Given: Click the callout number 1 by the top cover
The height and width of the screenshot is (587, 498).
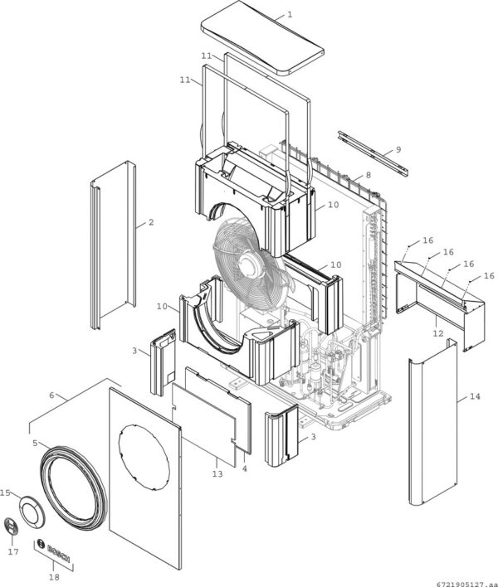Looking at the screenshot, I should coord(289,15).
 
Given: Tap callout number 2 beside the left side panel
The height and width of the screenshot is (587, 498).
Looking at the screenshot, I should coord(151,222).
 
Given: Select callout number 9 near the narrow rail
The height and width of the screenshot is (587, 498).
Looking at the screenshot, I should coord(398,149).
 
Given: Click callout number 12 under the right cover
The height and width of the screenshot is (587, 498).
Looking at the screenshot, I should coord(437,332).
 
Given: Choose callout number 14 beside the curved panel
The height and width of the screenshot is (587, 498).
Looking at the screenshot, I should coord(474,398).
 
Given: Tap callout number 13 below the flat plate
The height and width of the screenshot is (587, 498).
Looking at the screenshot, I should coord(217,474).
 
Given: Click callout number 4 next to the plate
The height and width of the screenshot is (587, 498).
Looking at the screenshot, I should coord(244,468).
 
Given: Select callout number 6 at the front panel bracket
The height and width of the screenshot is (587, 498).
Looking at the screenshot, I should coord(52,395).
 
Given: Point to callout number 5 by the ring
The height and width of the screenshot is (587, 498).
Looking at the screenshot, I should coord(35,443).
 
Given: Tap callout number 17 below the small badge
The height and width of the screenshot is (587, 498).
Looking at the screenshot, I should coord(12,551).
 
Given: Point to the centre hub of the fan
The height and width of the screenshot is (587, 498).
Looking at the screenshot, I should coord(247,263).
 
